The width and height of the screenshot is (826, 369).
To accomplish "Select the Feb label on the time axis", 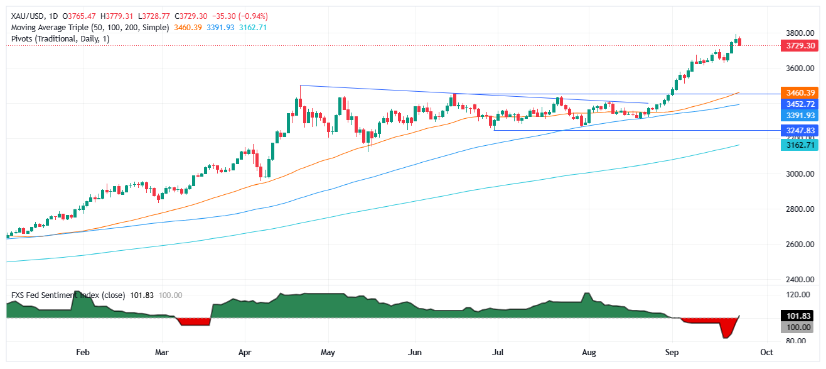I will (x=81, y=353).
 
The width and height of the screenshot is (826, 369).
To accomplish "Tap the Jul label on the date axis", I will (x=498, y=353).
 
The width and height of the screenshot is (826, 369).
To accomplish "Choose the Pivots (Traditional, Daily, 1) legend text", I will (x=60, y=39).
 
